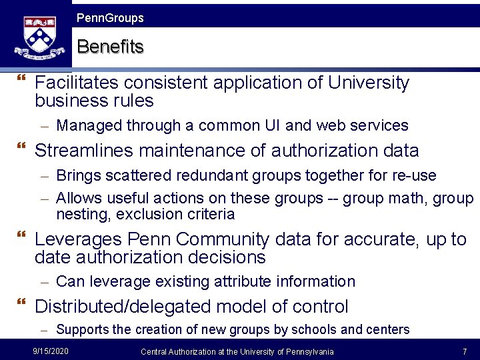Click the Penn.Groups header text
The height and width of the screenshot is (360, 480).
pos(110,18)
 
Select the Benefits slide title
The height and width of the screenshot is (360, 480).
pos(110,47)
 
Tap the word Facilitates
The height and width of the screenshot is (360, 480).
pos(77,83)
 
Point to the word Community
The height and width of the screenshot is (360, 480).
pos(217,239)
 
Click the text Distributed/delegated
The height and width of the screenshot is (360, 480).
pos(124,307)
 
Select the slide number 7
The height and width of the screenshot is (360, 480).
pos(464,351)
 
